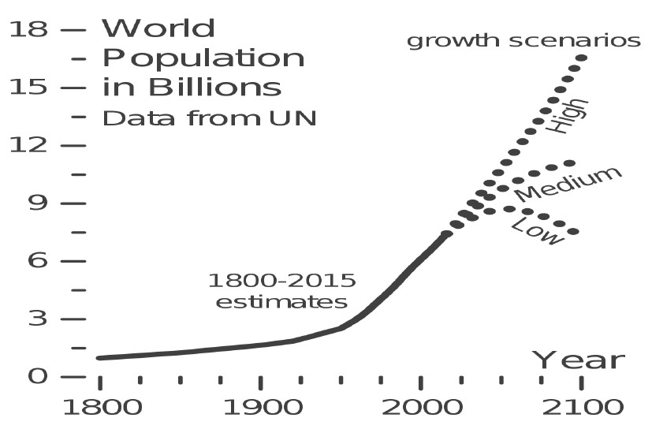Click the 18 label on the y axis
tap(28, 30)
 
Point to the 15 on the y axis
tap(28, 88)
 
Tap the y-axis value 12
tap(28, 146)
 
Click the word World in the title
tap(158, 29)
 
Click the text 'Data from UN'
tap(210, 119)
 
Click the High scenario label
tap(568, 115)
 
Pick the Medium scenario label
tap(568, 185)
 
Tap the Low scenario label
tap(538, 231)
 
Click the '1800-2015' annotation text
tap(281, 281)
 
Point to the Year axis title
tap(579, 360)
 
